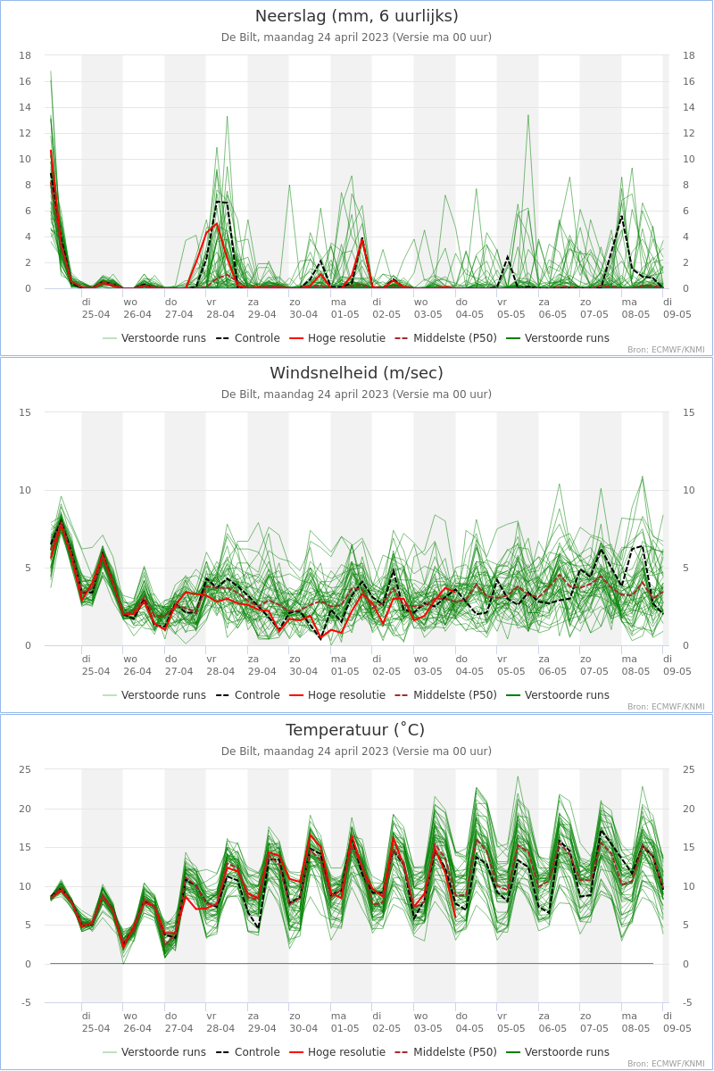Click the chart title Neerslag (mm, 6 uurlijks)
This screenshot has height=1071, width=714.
(356, 16)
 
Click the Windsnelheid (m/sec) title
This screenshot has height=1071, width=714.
(356, 373)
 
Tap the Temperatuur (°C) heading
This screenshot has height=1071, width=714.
(355, 730)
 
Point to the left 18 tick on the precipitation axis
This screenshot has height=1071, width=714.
(25, 55)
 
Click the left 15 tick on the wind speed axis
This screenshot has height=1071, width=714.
(25, 412)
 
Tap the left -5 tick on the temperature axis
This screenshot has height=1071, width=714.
(25, 1002)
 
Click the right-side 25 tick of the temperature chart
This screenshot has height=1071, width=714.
(689, 769)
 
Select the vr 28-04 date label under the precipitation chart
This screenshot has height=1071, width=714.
(220, 309)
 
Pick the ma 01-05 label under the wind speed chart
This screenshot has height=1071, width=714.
(345, 665)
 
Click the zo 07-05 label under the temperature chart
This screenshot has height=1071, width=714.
(594, 1022)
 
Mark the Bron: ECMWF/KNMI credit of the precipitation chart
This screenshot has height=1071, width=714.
(666, 350)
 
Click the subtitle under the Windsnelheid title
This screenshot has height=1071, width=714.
(356, 394)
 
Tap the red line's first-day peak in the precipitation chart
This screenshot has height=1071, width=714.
(51, 151)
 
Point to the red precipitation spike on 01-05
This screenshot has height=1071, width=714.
(362, 238)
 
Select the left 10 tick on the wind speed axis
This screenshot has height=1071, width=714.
(25, 490)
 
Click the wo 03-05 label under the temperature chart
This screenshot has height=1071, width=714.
(428, 1022)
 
